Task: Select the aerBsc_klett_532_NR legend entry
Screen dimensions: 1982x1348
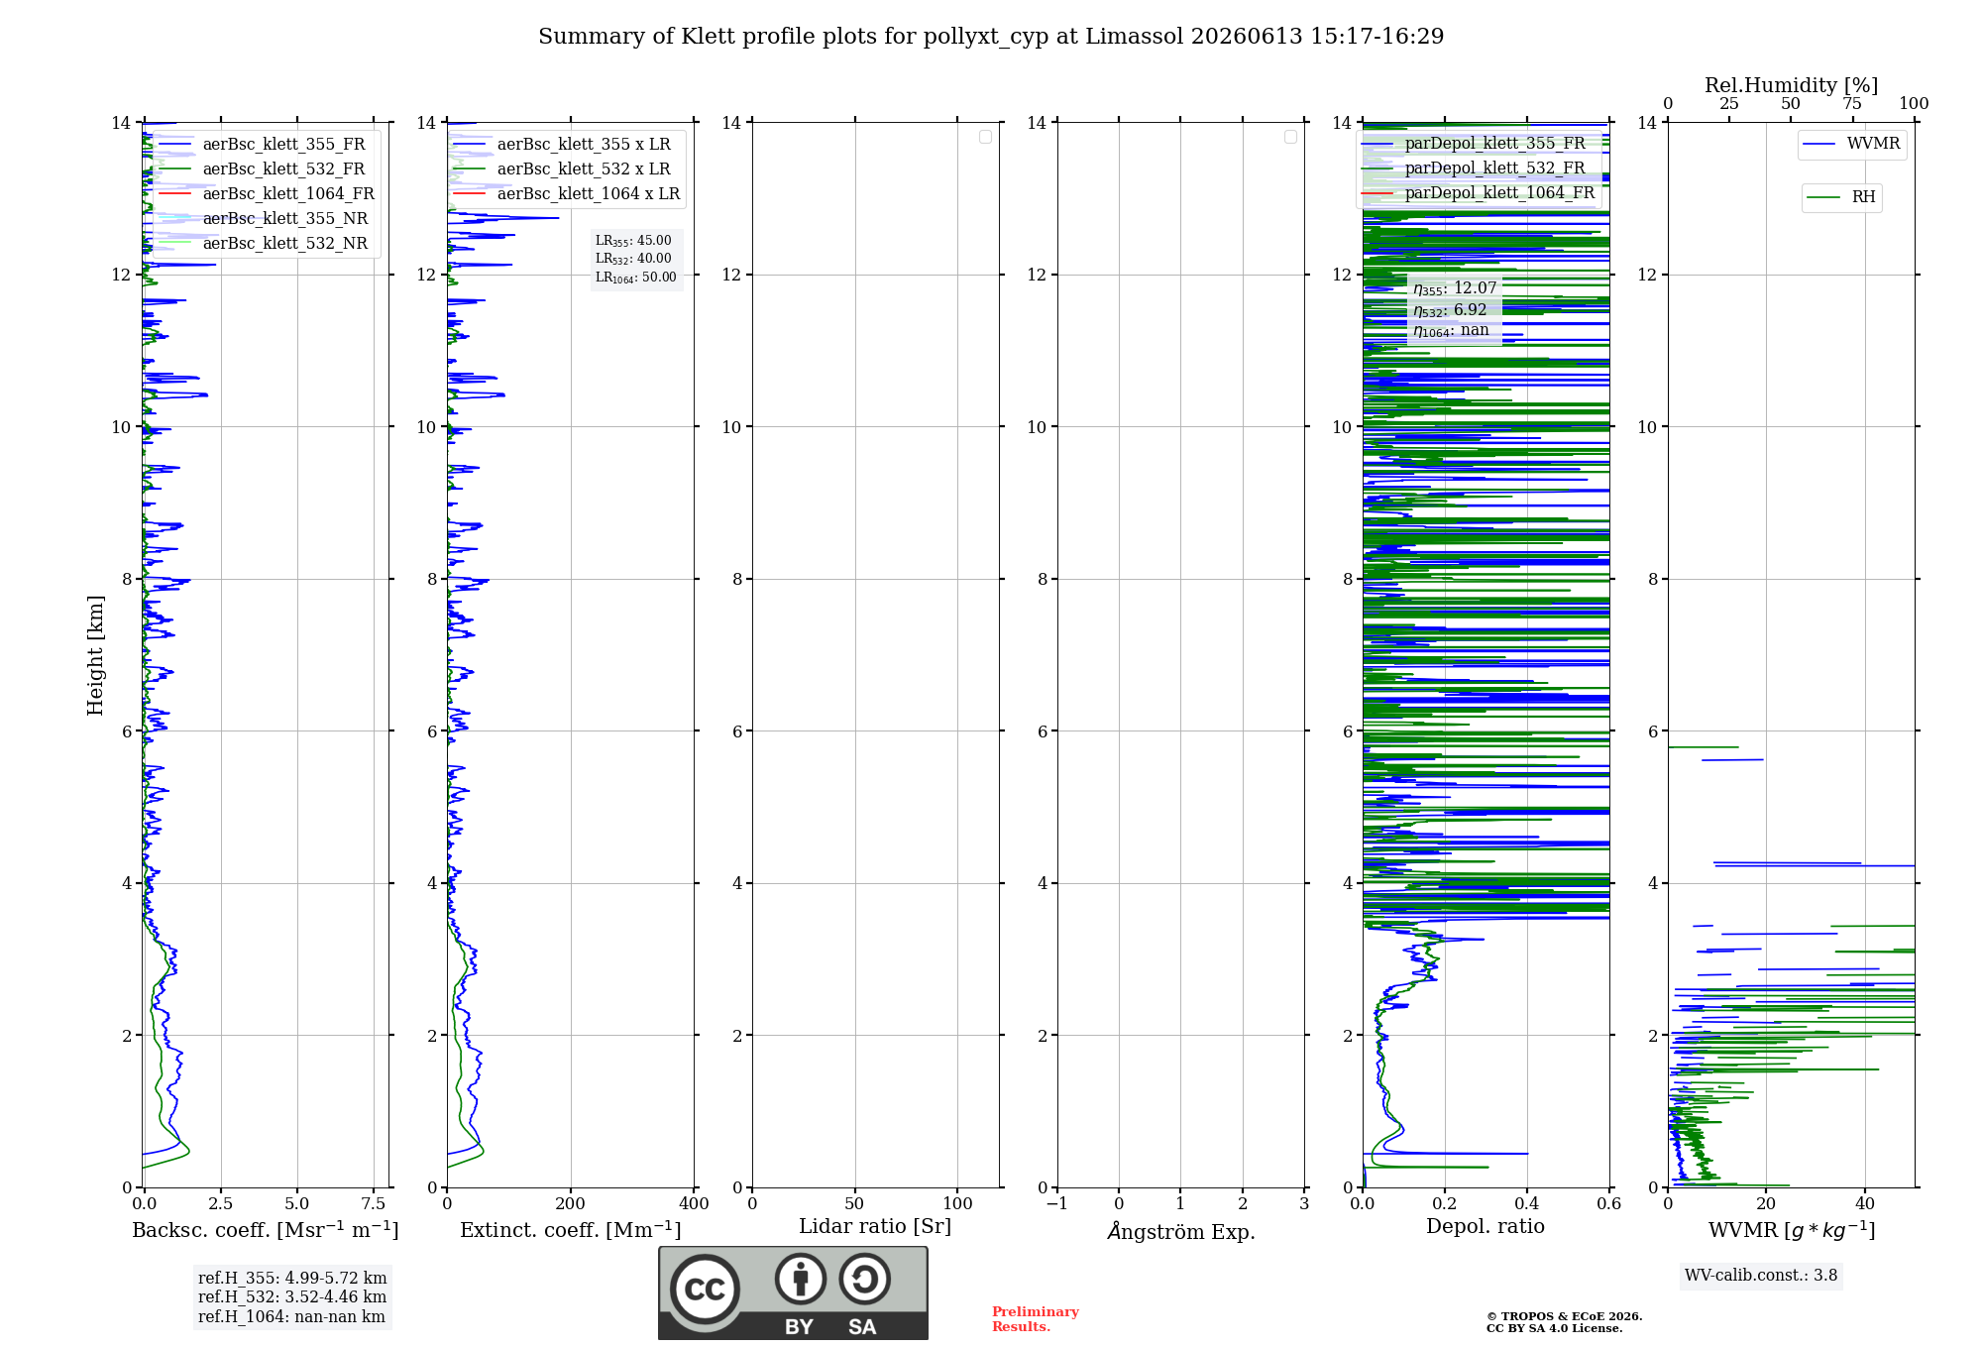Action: pos(264,243)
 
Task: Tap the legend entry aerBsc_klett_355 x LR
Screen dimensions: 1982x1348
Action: pos(562,144)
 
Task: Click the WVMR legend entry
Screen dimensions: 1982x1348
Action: pos(1851,144)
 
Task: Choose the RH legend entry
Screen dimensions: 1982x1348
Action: pos(1841,197)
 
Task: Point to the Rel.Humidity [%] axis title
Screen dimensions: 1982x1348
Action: pos(1791,85)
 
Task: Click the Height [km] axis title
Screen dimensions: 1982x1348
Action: pos(95,655)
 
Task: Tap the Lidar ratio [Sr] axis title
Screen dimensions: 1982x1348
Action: pos(875,1227)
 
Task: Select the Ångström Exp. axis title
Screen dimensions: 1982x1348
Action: pos(1181,1231)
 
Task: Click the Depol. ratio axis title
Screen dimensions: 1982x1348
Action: pos(1486,1227)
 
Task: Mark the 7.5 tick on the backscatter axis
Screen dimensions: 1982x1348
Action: pos(374,1203)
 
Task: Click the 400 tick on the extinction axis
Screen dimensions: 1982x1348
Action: pos(694,1203)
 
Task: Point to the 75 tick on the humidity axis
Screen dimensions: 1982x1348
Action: pos(1852,104)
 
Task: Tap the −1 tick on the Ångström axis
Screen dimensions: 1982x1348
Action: pos(1057,1203)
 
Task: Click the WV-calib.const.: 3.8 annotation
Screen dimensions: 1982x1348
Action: pos(1761,1276)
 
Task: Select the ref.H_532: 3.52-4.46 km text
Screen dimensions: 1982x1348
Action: pos(292,1296)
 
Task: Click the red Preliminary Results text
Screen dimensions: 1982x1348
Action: pos(1036,1319)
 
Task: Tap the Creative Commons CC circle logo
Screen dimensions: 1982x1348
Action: pos(705,1290)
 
